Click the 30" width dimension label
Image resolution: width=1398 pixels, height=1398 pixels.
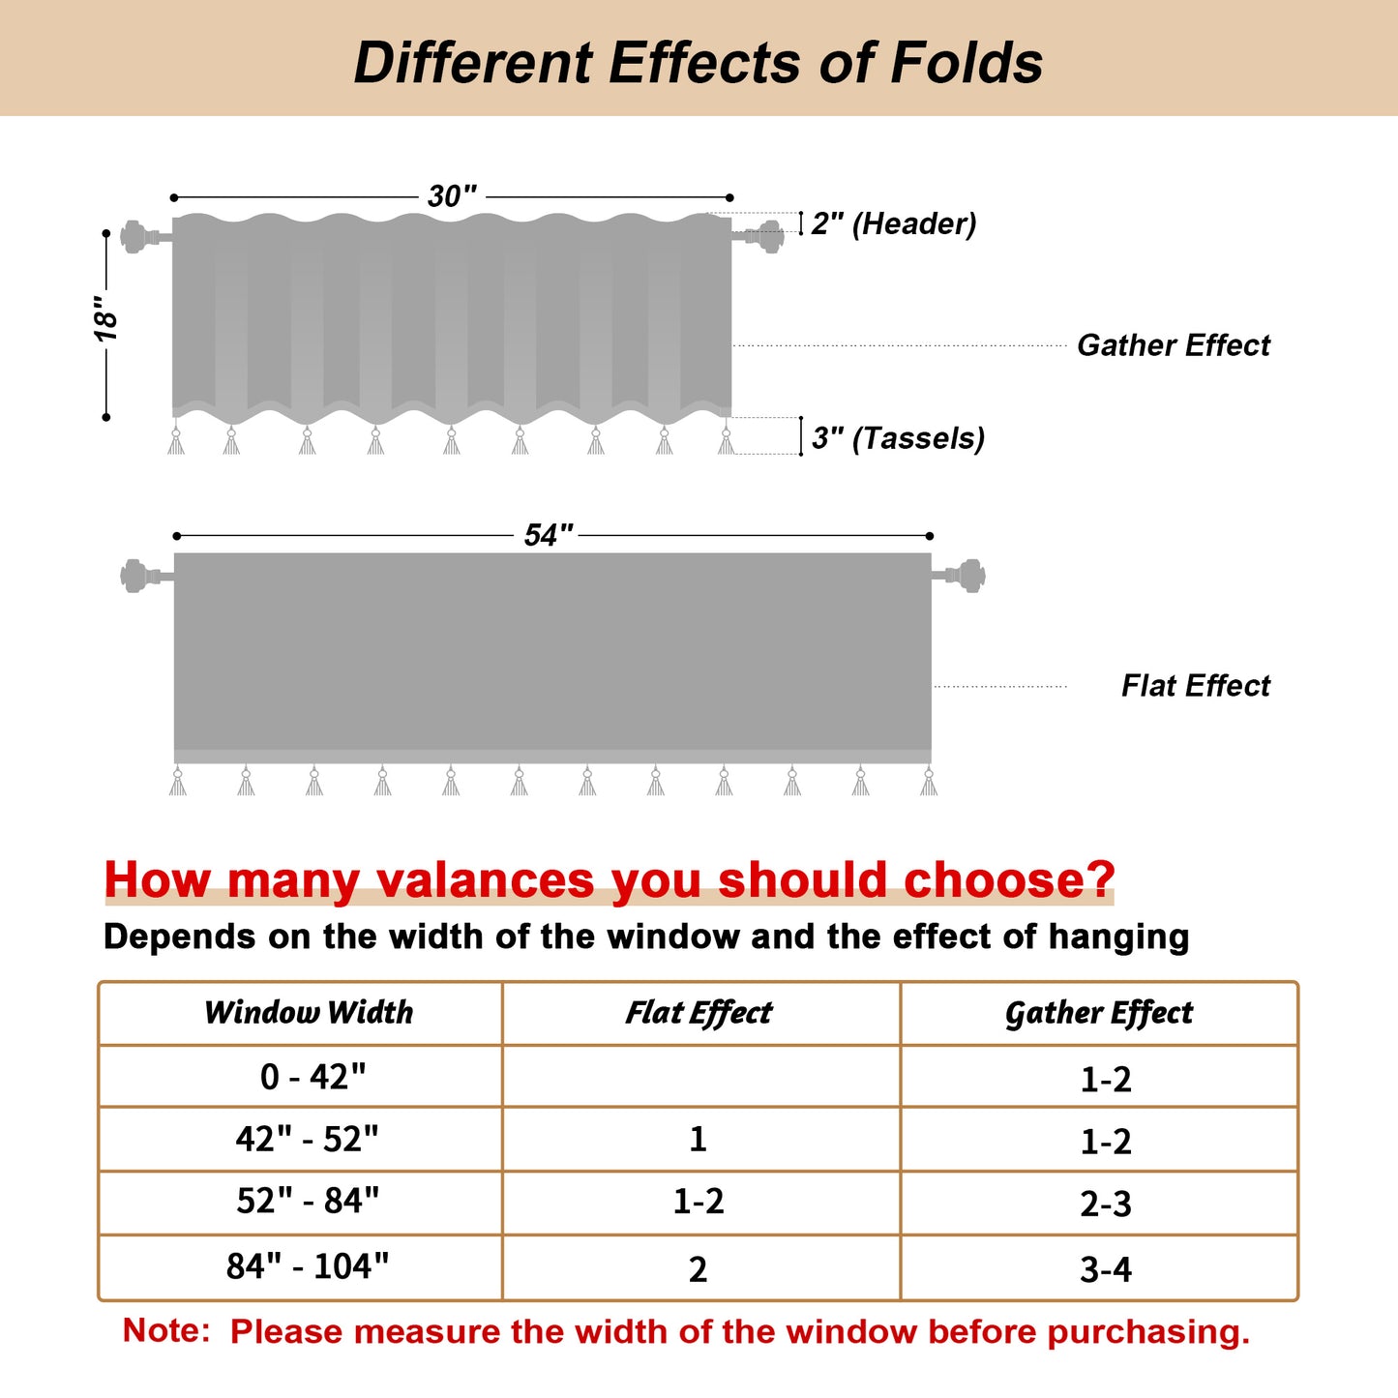[452, 196]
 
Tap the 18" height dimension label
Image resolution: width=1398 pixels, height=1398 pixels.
[106, 318]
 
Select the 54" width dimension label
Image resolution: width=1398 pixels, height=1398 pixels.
[549, 535]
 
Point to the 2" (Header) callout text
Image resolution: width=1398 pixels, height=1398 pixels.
[893, 223]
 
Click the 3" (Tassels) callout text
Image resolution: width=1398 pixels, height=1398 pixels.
[898, 438]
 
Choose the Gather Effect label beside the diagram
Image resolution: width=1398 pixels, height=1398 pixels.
[1173, 345]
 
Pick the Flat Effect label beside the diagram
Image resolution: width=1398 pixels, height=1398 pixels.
[1195, 686]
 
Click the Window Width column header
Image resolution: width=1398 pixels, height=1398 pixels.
[309, 1013]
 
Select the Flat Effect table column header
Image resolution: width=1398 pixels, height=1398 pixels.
[699, 1013]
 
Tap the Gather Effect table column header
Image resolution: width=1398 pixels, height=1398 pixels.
[1099, 1013]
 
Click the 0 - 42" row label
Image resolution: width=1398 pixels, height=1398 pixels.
[312, 1077]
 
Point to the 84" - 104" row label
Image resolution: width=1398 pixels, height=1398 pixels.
[308, 1266]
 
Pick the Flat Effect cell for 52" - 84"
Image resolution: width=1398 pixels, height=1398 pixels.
[699, 1202]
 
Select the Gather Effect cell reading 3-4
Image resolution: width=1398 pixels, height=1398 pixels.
[1105, 1269]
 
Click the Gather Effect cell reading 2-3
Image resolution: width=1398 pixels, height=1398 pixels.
[1105, 1205]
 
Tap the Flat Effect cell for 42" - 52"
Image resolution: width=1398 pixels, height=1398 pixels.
[699, 1140]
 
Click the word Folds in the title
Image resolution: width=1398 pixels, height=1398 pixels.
[966, 63]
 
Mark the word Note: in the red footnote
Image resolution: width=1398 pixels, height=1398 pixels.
[165, 1331]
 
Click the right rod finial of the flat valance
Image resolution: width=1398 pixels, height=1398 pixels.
[968, 576]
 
